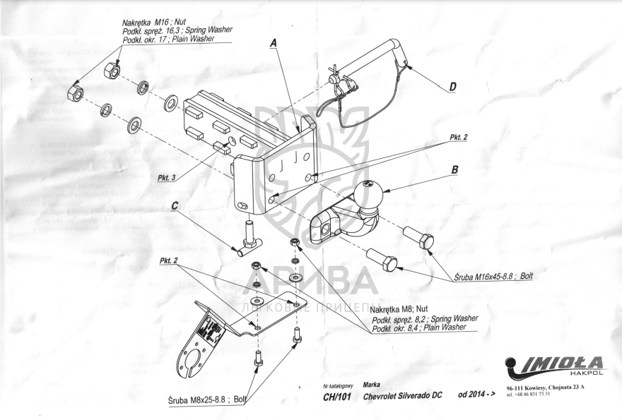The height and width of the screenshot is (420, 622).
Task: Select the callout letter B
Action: click(454, 170)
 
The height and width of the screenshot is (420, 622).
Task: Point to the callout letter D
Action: click(452, 87)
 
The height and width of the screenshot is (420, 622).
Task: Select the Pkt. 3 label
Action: click(168, 179)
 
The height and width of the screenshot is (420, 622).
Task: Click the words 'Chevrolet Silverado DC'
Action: click(401, 395)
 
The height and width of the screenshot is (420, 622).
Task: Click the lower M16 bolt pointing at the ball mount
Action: click(382, 260)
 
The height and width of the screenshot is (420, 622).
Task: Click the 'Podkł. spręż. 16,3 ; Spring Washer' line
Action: click(177, 31)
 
